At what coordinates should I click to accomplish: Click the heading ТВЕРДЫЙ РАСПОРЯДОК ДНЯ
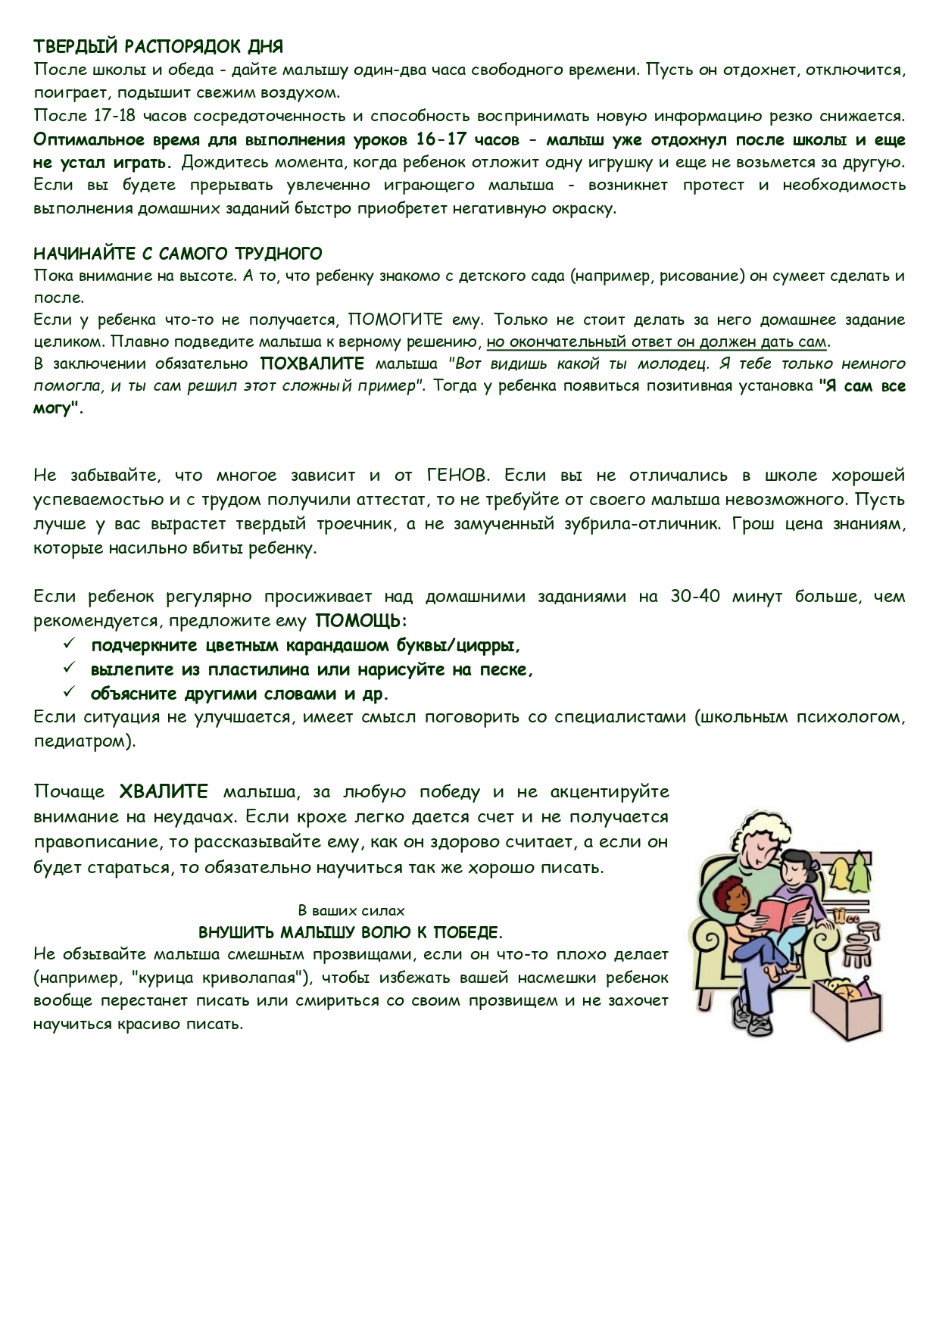click(x=158, y=47)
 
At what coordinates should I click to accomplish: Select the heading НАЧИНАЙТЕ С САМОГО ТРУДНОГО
click(x=178, y=253)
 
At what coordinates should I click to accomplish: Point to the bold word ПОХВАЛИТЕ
click(x=312, y=363)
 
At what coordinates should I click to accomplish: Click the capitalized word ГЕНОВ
click(x=458, y=476)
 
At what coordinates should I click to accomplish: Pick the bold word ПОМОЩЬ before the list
click(x=360, y=621)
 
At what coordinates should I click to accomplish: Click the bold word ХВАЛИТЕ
click(x=164, y=792)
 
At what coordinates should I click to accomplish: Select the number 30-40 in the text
click(x=694, y=597)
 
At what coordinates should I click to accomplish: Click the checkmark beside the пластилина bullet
click(x=69, y=669)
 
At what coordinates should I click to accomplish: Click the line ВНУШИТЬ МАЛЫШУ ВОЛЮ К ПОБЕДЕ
click(x=351, y=932)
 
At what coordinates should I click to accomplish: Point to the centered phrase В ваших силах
click(x=351, y=911)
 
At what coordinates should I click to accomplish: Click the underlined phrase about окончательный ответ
click(x=656, y=342)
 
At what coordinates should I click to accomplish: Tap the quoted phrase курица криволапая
click(x=220, y=978)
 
